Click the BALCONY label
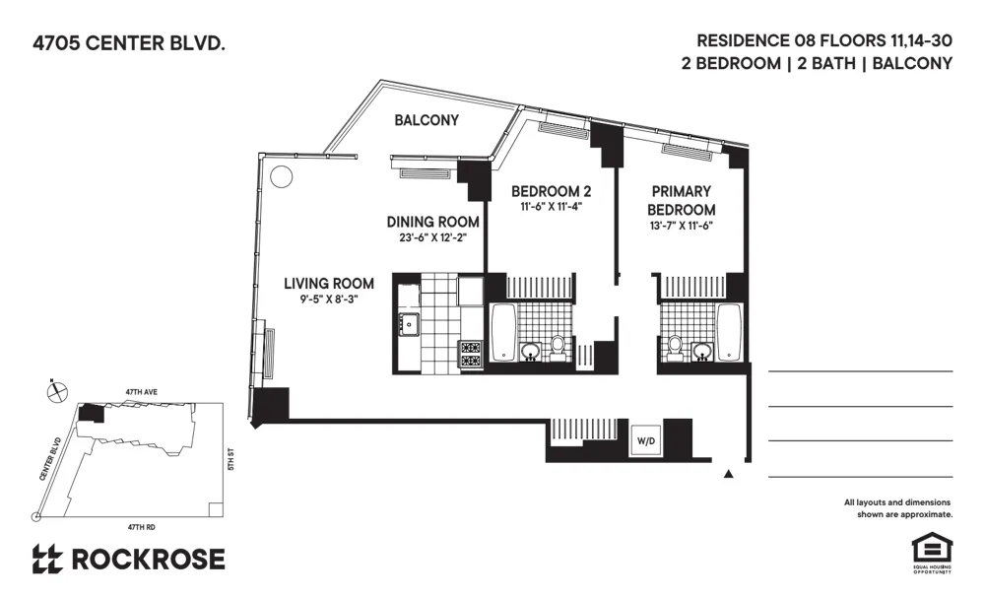click(427, 120)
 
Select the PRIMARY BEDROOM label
click(681, 201)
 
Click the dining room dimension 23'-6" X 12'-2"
click(432, 237)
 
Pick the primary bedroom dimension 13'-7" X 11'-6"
click(681, 227)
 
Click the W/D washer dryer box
click(646, 440)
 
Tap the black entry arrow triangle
click(729, 475)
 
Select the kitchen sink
click(408, 322)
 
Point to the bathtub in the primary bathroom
click(729, 332)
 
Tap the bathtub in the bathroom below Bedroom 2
click(502, 332)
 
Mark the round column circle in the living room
click(282, 177)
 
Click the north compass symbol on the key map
click(56, 391)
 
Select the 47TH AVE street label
click(141, 392)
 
